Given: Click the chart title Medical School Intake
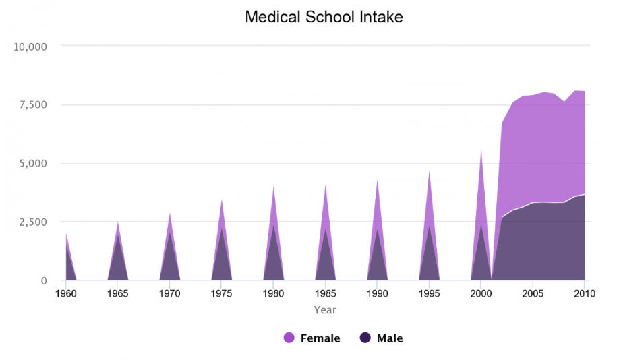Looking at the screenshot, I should [x=324, y=17].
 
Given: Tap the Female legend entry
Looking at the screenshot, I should [x=320, y=338].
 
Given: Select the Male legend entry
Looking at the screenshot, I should [x=389, y=338].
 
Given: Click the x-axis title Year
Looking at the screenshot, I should [x=325, y=310].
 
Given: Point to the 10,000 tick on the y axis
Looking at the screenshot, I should [x=30, y=47].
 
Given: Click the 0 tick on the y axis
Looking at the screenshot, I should [x=43, y=280].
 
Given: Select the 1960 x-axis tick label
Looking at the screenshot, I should [x=65, y=294].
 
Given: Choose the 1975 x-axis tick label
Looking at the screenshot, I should [x=221, y=294].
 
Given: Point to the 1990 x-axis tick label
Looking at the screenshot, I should [x=377, y=294].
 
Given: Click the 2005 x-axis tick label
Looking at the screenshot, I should [x=533, y=294].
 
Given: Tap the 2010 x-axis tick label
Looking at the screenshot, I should [x=584, y=294].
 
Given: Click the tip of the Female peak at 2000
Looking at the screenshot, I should [x=481, y=148].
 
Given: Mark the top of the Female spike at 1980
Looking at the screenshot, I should [x=273, y=185].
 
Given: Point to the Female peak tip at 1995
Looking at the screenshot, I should [x=429, y=170].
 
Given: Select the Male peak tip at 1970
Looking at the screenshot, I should [x=169, y=232].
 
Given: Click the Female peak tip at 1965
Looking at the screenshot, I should [x=117, y=221].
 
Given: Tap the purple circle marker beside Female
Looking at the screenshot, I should [x=289, y=338].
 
